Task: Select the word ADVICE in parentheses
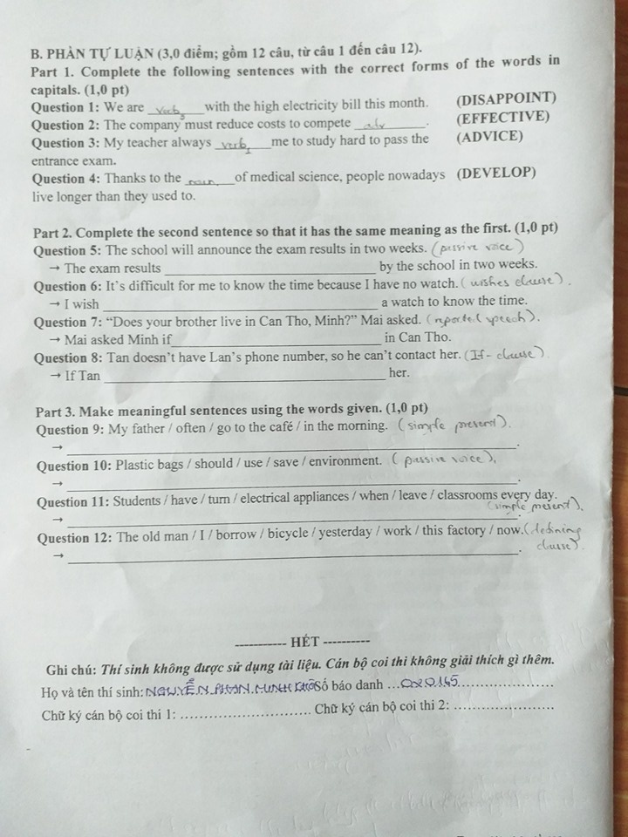[489, 137]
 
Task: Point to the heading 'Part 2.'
[56, 229]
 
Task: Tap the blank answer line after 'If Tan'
[244, 378]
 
